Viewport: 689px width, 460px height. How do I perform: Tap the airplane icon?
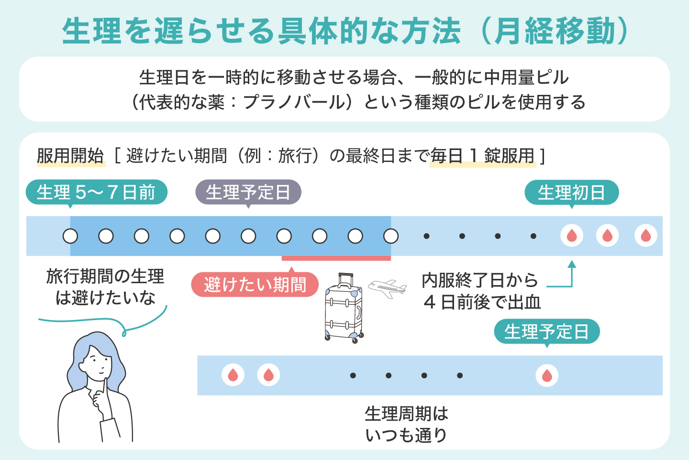click(x=388, y=288)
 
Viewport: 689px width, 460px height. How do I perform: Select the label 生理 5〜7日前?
click(x=96, y=193)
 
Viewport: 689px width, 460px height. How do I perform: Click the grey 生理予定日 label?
click(x=248, y=193)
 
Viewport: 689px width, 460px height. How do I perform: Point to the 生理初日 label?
click(x=571, y=193)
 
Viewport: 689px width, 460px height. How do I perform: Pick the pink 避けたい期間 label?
click(x=255, y=285)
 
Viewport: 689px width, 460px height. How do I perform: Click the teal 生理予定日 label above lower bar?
click(x=546, y=332)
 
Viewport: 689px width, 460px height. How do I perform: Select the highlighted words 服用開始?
click(x=70, y=156)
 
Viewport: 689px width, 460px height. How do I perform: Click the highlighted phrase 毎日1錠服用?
click(x=482, y=156)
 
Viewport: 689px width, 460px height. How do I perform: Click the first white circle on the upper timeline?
click(x=70, y=236)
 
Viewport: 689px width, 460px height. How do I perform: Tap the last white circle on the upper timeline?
click(x=391, y=236)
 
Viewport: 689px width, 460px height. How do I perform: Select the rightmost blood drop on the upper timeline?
click(x=645, y=236)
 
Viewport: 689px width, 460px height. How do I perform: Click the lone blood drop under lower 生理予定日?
click(x=547, y=376)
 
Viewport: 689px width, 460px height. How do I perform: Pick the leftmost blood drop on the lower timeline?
click(x=233, y=376)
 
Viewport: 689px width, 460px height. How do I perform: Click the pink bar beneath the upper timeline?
click(x=336, y=258)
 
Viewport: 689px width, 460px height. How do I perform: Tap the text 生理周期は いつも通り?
click(x=406, y=425)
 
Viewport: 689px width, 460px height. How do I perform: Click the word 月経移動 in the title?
click(x=555, y=32)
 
